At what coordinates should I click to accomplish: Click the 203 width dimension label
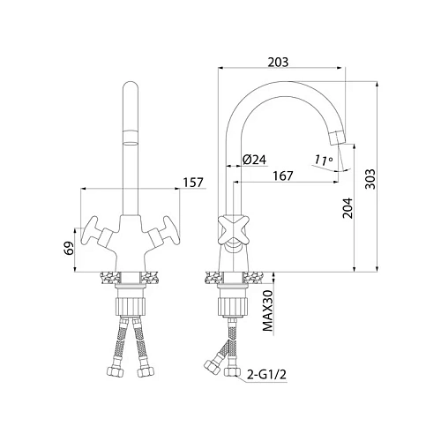point(278,62)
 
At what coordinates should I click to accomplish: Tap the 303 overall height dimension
point(370,179)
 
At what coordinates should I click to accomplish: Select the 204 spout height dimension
point(348,208)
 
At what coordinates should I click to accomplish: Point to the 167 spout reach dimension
point(283,176)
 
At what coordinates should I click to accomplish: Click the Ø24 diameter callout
point(254,160)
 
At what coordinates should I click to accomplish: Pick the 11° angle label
point(324,160)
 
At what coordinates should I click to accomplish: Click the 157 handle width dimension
point(193,183)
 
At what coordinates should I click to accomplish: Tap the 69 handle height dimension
point(68,249)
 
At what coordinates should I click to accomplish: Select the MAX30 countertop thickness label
point(267,310)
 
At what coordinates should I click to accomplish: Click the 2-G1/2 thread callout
point(266,375)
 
